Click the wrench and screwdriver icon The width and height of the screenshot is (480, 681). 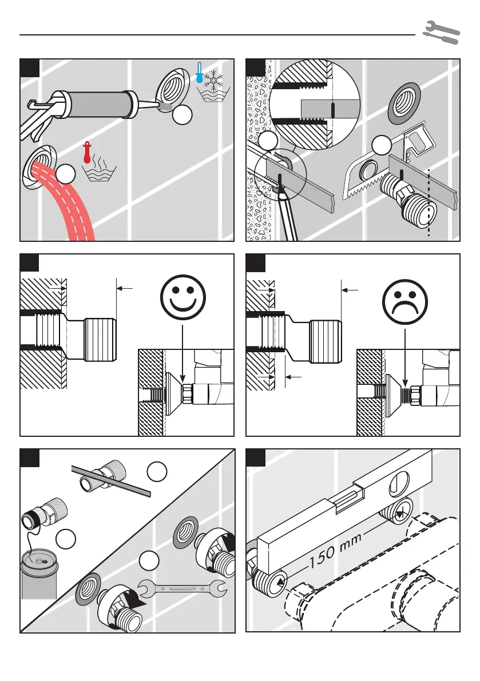tap(441, 33)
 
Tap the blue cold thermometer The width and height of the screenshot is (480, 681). tap(199, 74)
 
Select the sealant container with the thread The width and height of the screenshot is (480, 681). tap(39, 571)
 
